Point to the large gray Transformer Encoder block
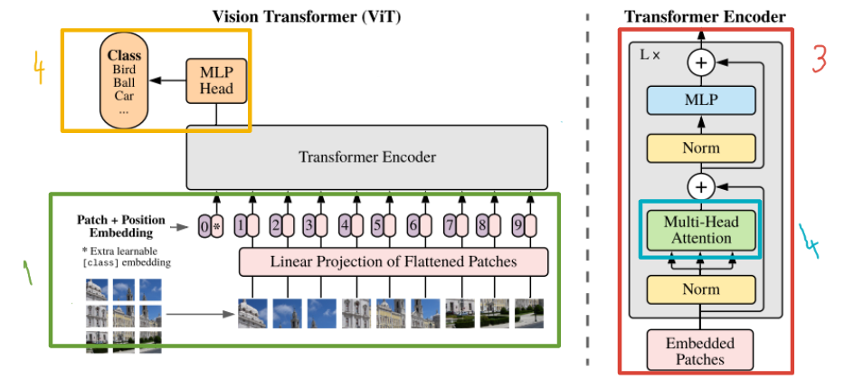pyautogui.click(x=366, y=157)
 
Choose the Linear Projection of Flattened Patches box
pyautogui.click(x=394, y=262)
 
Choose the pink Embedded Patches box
pyautogui.click(x=700, y=350)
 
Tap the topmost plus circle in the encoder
pyautogui.click(x=700, y=62)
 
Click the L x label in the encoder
pyautogui.click(x=650, y=55)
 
